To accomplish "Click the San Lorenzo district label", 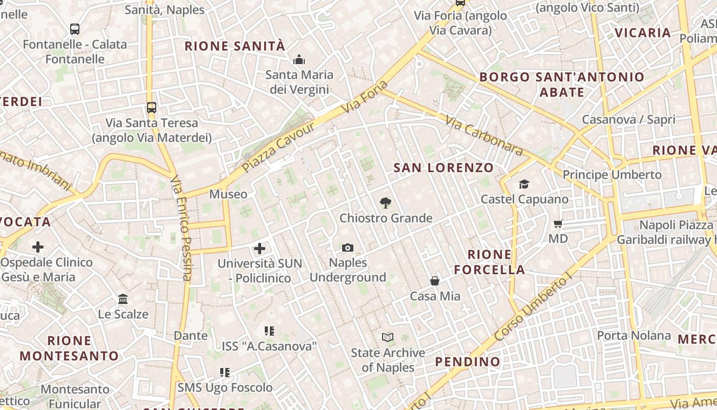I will coord(444,168).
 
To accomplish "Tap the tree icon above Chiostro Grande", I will coord(386,203).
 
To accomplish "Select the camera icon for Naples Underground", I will coord(348,248).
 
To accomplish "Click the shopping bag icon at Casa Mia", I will coord(435,281).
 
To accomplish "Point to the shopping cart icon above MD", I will coord(558,223).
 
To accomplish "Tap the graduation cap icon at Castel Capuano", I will coord(524,184).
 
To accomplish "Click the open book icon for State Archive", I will coord(388,337).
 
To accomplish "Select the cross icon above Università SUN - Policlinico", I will coord(260,249).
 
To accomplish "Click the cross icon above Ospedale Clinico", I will coord(38,247).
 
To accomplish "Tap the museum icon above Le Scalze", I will coord(123,299).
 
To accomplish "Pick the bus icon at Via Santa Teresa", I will coord(151,108).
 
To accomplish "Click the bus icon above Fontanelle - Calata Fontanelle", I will coord(75,29).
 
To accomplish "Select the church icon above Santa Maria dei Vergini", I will coord(299,60).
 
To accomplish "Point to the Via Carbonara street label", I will coord(484,135).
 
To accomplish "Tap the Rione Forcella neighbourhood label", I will coord(490,262).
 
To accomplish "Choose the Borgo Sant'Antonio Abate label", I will coord(562,85).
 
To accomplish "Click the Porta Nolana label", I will coord(634,336).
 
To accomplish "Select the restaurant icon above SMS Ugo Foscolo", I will coord(225,372).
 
